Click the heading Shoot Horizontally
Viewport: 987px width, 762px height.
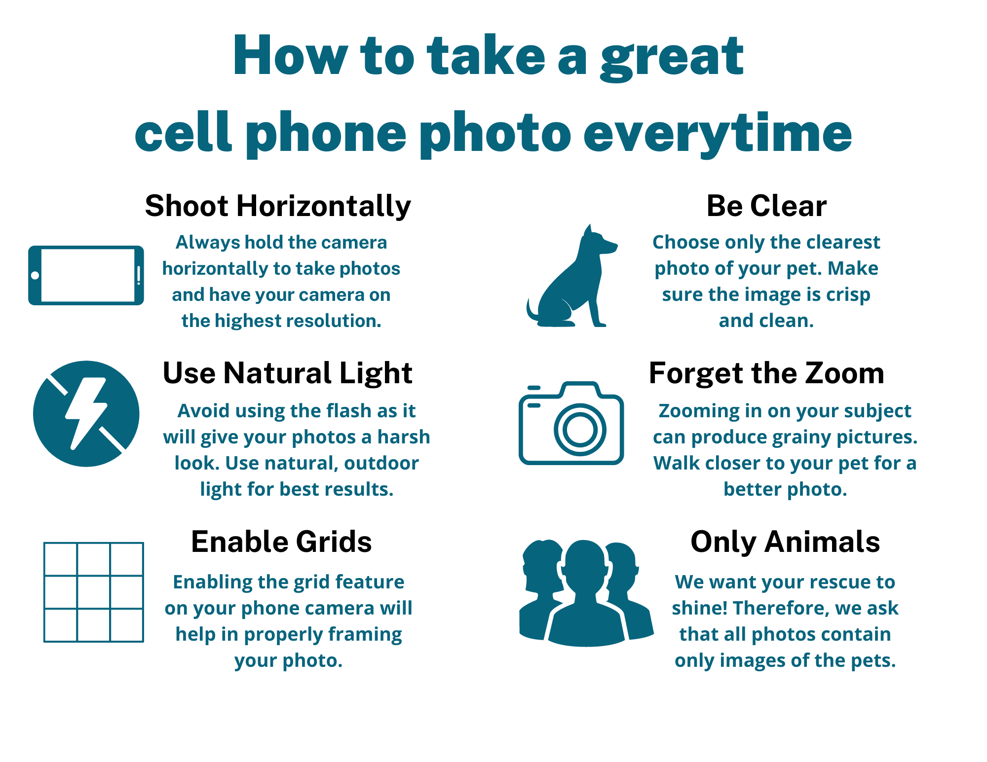[278, 206]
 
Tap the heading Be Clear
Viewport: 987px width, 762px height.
[766, 206]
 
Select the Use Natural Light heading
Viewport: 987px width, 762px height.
[287, 373]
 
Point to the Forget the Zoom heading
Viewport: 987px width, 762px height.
[766, 373]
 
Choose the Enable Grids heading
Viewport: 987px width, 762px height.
[281, 542]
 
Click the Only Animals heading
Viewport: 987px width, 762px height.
[785, 542]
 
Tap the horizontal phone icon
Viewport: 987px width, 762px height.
[86, 275]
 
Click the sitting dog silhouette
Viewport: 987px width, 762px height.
[571, 276]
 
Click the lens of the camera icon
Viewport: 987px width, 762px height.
[580, 429]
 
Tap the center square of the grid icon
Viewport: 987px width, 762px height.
[94, 592]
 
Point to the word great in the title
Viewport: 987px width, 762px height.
[672, 57]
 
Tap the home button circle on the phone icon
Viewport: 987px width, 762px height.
[35, 275]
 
